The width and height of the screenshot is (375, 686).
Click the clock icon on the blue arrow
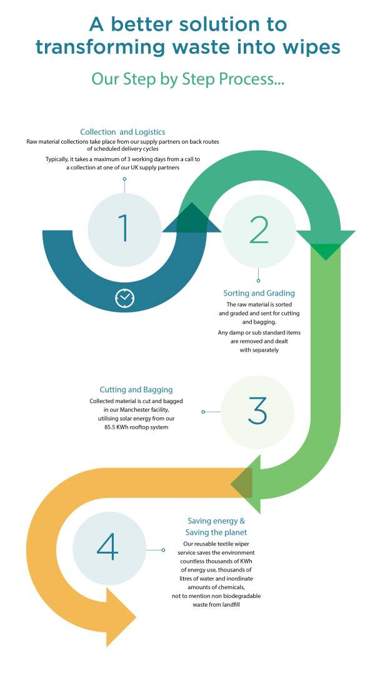(x=125, y=298)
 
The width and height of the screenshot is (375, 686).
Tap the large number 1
(x=124, y=227)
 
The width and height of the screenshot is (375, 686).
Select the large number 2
(x=259, y=230)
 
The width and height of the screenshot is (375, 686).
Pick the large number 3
(x=257, y=411)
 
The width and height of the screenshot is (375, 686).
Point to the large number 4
(x=107, y=547)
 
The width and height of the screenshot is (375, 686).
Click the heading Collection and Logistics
(x=122, y=132)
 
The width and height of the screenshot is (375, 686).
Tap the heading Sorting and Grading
(x=259, y=293)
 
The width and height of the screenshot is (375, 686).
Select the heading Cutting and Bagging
(x=136, y=389)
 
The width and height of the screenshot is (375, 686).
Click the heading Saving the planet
(x=216, y=532)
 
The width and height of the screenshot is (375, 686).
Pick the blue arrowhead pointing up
(x=192, y=217)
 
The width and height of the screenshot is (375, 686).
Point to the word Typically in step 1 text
(x=57, y=160)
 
